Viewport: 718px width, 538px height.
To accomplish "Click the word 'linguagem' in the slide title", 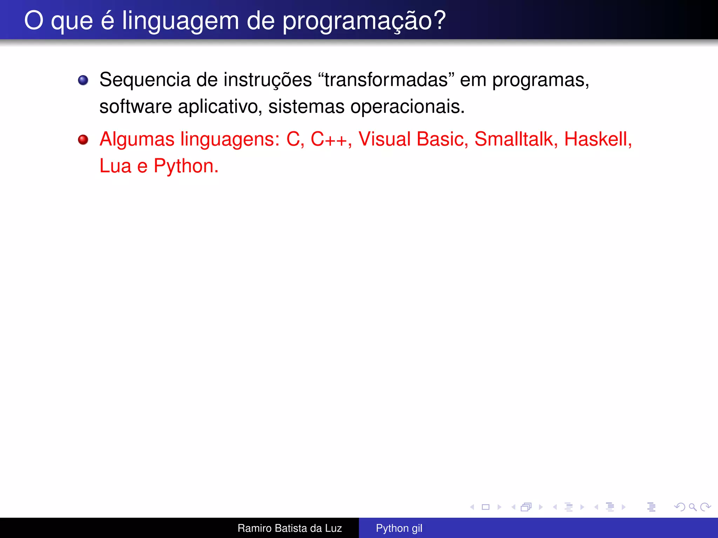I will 180,21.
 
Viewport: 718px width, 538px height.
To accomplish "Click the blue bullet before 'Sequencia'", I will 83,80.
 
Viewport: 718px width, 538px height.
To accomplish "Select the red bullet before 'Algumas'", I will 83,140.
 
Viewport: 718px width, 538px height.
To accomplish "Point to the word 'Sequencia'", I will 145,80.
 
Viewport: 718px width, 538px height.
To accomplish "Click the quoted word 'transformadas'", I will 386,80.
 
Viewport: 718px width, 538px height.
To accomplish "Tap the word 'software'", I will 136,106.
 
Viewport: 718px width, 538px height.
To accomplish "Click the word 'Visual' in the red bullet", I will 384,139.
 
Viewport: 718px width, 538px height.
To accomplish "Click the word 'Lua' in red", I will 115,166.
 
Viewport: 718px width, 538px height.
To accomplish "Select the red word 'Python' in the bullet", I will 183,166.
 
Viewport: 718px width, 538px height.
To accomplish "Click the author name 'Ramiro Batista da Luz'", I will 290,528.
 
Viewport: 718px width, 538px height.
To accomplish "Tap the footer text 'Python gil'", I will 399,528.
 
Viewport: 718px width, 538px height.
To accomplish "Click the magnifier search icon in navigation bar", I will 692,507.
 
